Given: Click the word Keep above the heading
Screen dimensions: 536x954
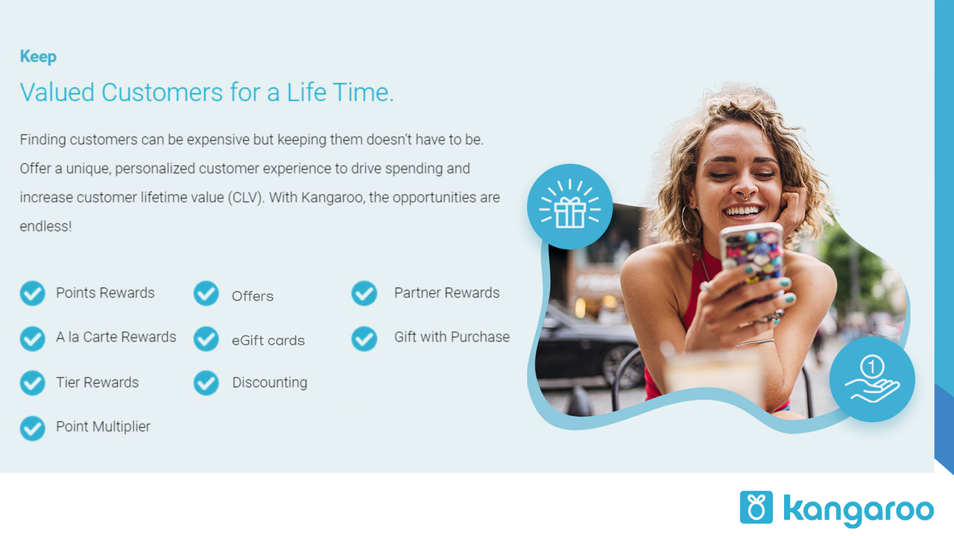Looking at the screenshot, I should click(38, 57).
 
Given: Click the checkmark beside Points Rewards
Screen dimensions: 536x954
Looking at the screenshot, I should click(32, 293).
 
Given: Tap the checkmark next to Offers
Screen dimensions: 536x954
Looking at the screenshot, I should click(206, 294).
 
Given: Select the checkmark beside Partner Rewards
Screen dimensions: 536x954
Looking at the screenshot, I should click(364, 293).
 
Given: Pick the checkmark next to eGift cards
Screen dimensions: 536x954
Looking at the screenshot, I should click(206, 339).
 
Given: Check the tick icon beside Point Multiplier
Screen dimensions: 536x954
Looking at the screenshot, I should click(32, 428).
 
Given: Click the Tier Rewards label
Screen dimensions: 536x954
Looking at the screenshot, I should click(97, 383).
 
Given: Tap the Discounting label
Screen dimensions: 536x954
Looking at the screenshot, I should click(269, 383).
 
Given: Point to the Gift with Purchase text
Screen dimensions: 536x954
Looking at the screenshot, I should click(452, 337).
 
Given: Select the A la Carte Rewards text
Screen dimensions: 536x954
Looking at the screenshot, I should click(116, 337).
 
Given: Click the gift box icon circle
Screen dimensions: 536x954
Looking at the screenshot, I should click(570, 207).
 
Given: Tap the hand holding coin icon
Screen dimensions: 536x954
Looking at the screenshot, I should click(871, 380).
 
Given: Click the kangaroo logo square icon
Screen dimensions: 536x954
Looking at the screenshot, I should click(756, 507).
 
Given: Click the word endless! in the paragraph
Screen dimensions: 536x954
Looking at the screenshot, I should click(45, 226).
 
